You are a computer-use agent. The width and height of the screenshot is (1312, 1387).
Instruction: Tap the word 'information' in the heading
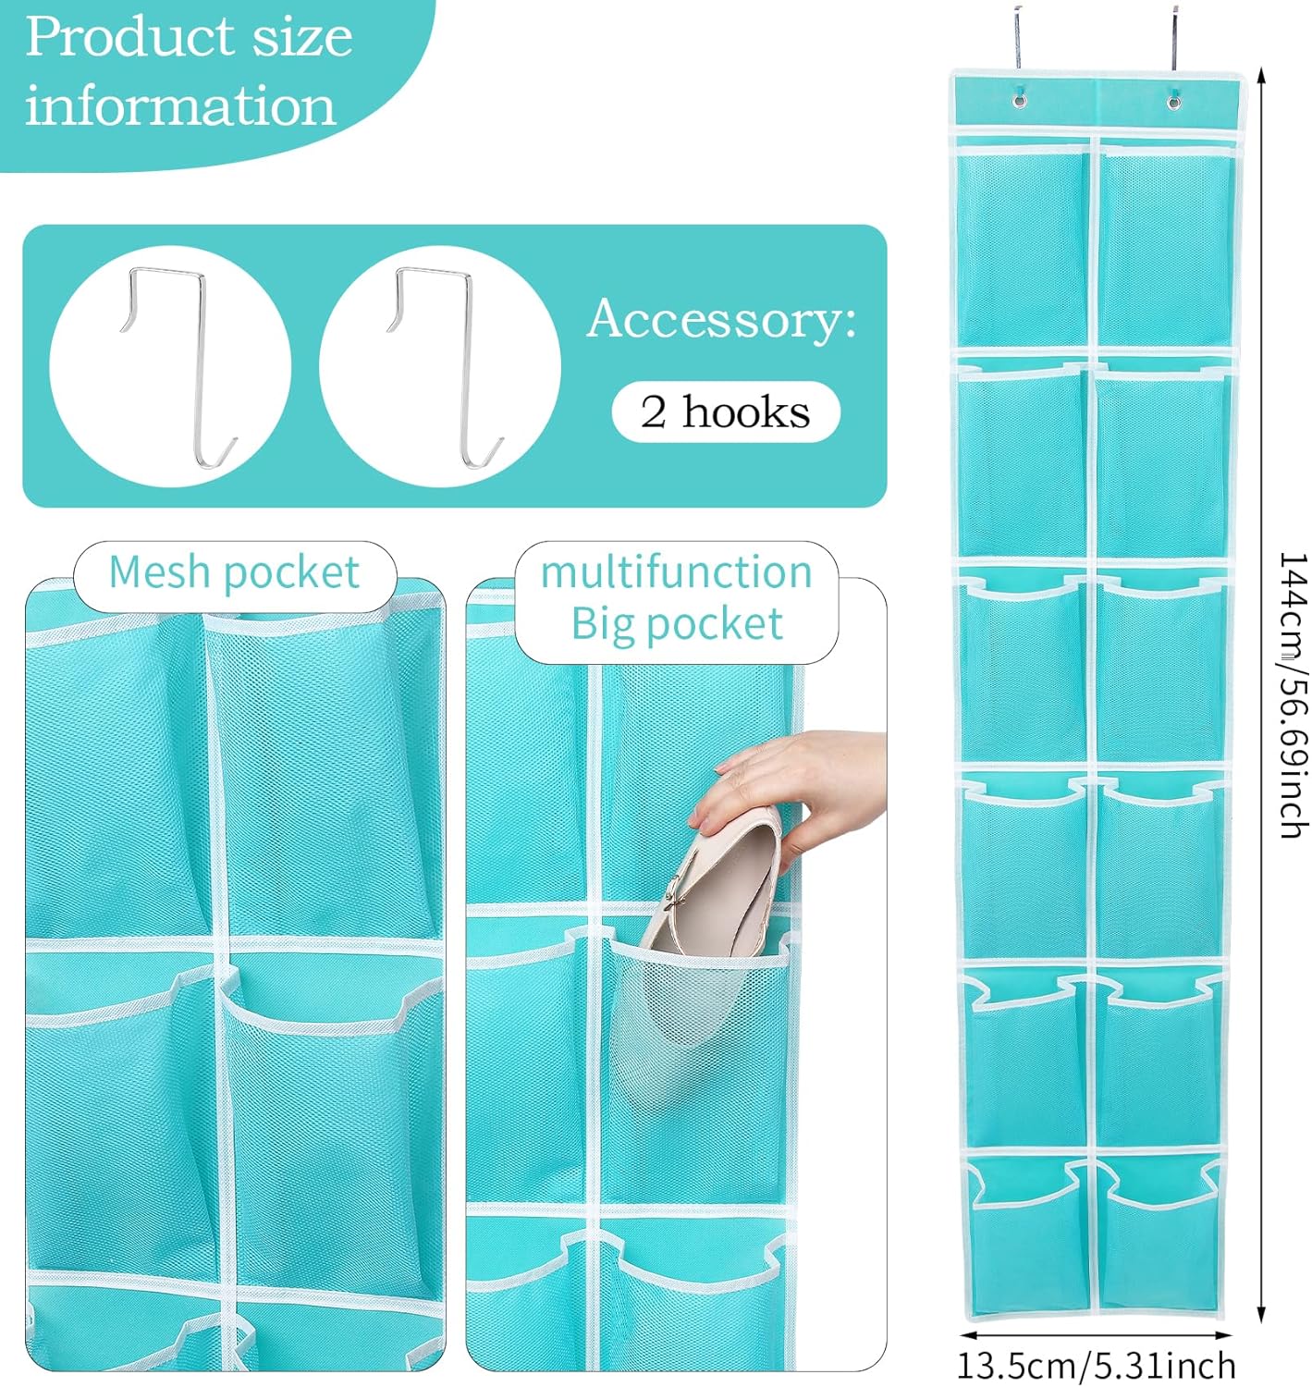[x=180, y=106]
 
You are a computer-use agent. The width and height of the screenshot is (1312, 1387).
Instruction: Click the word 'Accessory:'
[x=721, y=319]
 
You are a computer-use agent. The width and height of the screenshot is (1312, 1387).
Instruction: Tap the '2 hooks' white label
[x=726, y=412]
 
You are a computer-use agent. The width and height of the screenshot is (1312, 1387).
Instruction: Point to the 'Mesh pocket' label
[x=234, y=572]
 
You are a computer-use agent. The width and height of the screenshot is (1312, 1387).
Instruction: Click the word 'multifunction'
[x=676, y=572]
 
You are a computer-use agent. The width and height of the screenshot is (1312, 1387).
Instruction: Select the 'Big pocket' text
[x=676, y=624]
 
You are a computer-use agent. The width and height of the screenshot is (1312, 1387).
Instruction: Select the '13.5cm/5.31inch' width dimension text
[x=1096, y=1366]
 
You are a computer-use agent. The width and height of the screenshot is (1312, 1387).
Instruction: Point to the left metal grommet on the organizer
[x=1020, y=99]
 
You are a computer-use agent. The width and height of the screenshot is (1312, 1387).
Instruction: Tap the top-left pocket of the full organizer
[x=1023, y=245]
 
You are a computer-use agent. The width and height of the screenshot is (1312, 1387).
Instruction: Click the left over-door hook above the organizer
[x=1017, y=37]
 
